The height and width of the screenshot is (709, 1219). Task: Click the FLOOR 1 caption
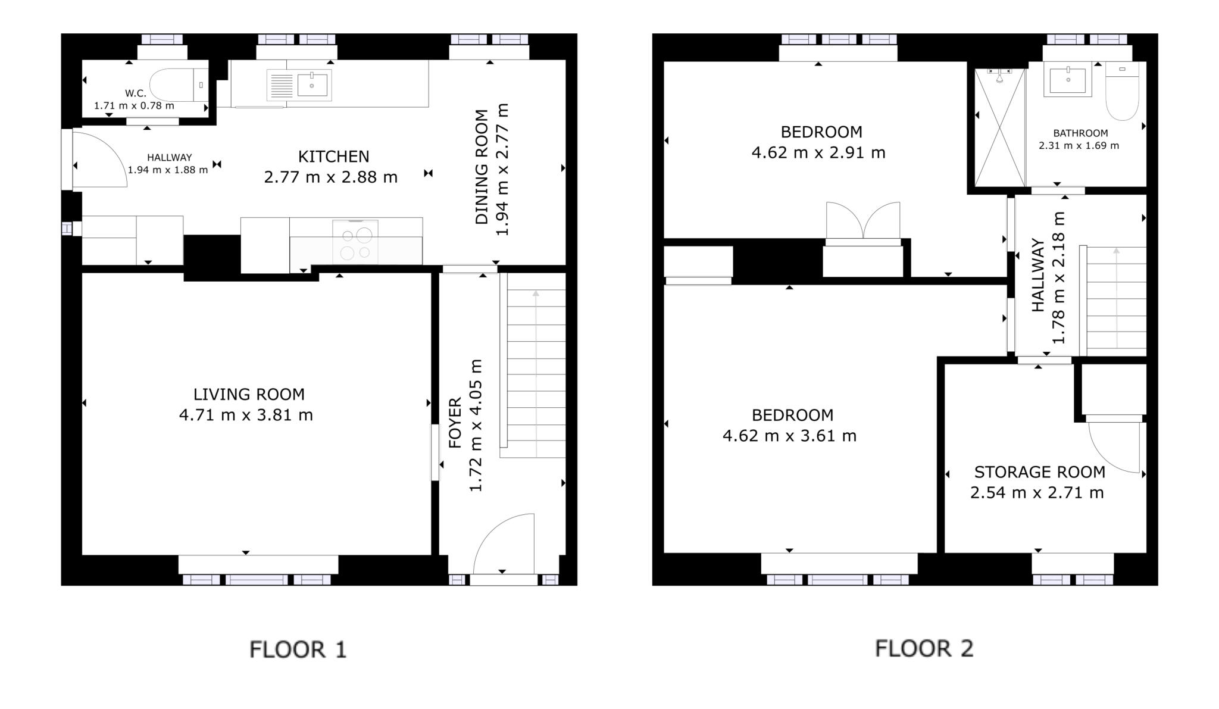coord(298,649)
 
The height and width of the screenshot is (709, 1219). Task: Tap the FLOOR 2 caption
coord(924,648)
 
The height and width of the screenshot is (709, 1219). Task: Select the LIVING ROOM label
coord(249,394)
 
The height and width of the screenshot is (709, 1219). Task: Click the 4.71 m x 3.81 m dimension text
coord(246,415)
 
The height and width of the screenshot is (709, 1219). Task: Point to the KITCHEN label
coord(333,157)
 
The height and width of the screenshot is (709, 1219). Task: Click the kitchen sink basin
coord(312,85)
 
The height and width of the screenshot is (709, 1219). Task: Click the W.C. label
coord(135,93)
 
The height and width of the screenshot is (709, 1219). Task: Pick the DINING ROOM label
coord(482,167)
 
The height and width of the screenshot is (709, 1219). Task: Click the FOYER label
coord(455,423)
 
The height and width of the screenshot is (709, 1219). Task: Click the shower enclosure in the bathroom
coord(999,128)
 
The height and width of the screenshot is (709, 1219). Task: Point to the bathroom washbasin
coord(1068,80)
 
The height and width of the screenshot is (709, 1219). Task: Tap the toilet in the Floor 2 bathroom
coord(1122,92)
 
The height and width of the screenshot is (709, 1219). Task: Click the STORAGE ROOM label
coord(1039,472)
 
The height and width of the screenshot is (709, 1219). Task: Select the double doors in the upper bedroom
coord(863,221)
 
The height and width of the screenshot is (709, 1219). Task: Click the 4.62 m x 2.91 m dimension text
coord(818,153)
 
